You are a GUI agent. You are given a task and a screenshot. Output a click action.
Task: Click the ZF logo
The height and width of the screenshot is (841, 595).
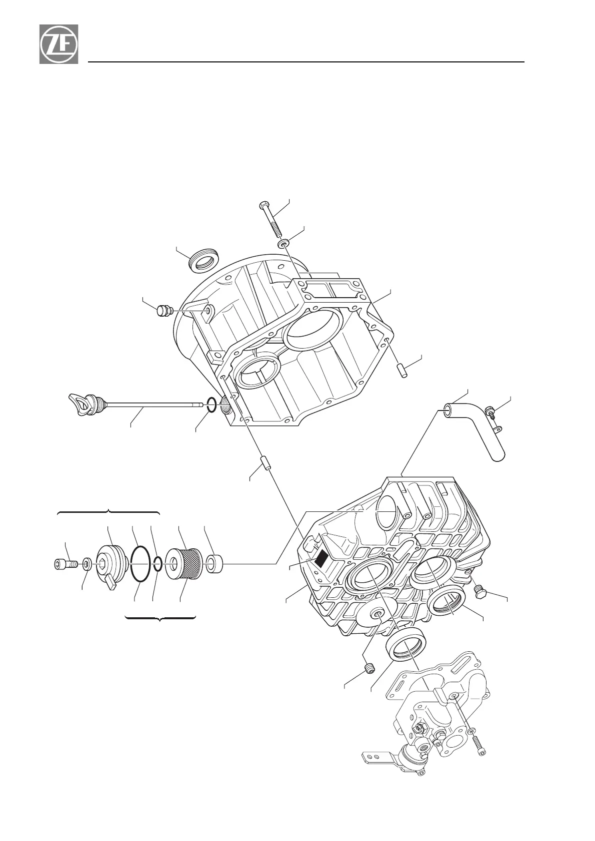pyautogui.click(x=59, y=44)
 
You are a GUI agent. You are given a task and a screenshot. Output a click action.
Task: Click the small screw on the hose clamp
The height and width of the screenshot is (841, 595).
pyautogui.click(x=491, y=412)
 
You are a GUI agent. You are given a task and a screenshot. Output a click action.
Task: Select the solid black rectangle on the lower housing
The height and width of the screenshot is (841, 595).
pyautogui.click(x=320, y=557)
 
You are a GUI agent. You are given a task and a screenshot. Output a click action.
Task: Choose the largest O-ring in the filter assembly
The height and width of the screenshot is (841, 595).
pyautogui.click(x=140, y=564)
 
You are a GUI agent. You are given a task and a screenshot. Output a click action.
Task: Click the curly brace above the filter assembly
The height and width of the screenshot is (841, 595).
pyautogui.click(x=108, y=513)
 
